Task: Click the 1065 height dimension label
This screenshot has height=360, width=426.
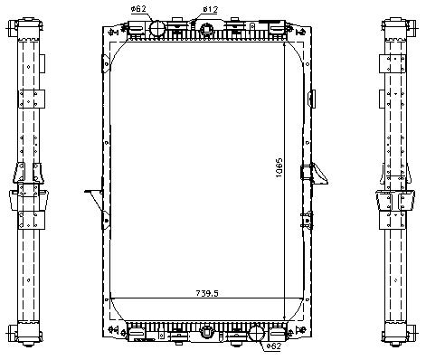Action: coord(279,167)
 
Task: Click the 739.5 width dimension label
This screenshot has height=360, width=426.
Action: coord(207,293)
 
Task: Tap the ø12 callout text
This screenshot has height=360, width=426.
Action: coord(210,9)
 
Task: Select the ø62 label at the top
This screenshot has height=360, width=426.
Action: coord(138,9)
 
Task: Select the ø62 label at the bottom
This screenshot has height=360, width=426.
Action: coord(274,346)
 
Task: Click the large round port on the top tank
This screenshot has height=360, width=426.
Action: coord(157,28)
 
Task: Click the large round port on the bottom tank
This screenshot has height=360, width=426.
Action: coord(257,334)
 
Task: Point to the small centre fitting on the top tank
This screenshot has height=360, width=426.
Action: coord(207,30)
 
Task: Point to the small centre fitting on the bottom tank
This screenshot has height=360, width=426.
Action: coord(207,332)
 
